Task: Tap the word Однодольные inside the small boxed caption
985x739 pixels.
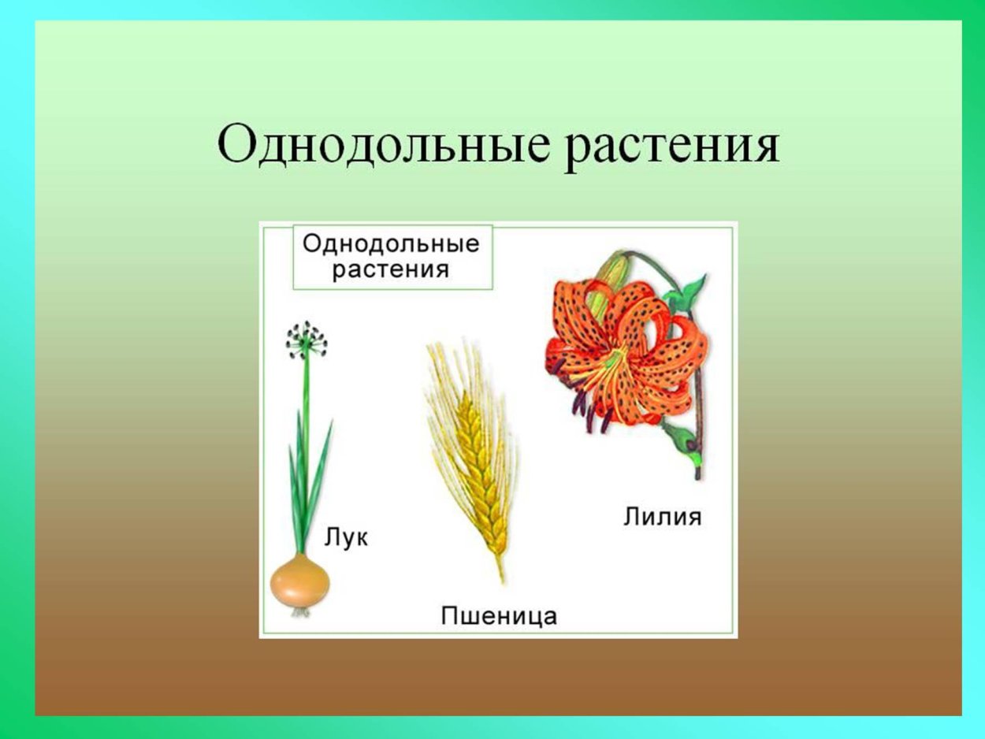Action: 391,243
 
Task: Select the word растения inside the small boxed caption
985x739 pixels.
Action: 391,269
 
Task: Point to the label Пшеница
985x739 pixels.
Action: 498,615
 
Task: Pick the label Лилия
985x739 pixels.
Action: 662,518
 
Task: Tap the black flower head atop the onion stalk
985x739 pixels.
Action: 306,340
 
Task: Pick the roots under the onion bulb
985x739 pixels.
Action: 300,611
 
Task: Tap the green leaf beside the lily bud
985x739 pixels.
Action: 687,292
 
